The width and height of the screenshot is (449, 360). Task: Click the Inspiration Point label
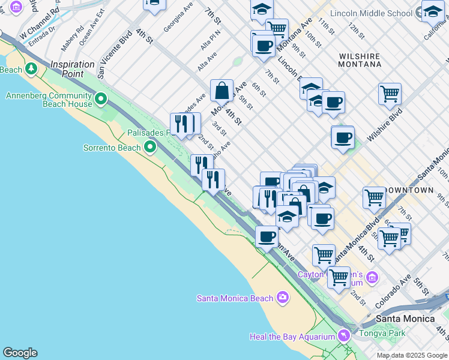tap(73, 69)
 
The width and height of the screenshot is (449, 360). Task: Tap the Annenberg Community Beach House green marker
tap(100, 98)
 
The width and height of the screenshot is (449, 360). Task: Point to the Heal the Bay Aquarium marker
tap(344, 335)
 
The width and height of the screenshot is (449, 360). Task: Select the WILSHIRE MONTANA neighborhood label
tap(360, 60)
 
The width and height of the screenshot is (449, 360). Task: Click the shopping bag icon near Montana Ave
tap(222, 91)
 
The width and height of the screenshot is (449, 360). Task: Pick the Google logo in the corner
tap(20, 353)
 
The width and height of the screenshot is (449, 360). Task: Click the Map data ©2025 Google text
tap(412, 355)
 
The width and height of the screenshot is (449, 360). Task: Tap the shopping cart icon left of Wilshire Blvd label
tap(390, 94)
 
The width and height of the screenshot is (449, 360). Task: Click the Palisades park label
tap(148, 133)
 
